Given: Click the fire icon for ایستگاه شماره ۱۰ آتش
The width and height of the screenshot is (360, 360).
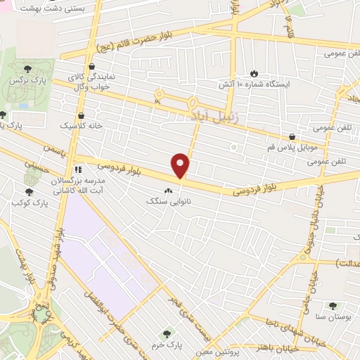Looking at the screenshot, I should tap(254, 73).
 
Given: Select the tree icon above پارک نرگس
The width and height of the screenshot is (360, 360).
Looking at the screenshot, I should tap(27, 69).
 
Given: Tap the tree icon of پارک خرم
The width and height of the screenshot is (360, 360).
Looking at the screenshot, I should tap(167, 335).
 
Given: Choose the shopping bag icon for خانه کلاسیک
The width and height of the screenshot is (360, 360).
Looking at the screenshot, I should tap(82, 115).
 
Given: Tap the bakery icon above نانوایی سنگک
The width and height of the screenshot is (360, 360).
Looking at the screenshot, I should tap(168, 190).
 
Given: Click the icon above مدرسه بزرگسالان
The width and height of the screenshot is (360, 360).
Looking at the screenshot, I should tap(79, 169).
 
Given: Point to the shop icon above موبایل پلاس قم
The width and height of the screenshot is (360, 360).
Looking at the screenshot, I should tap(292, 136).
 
